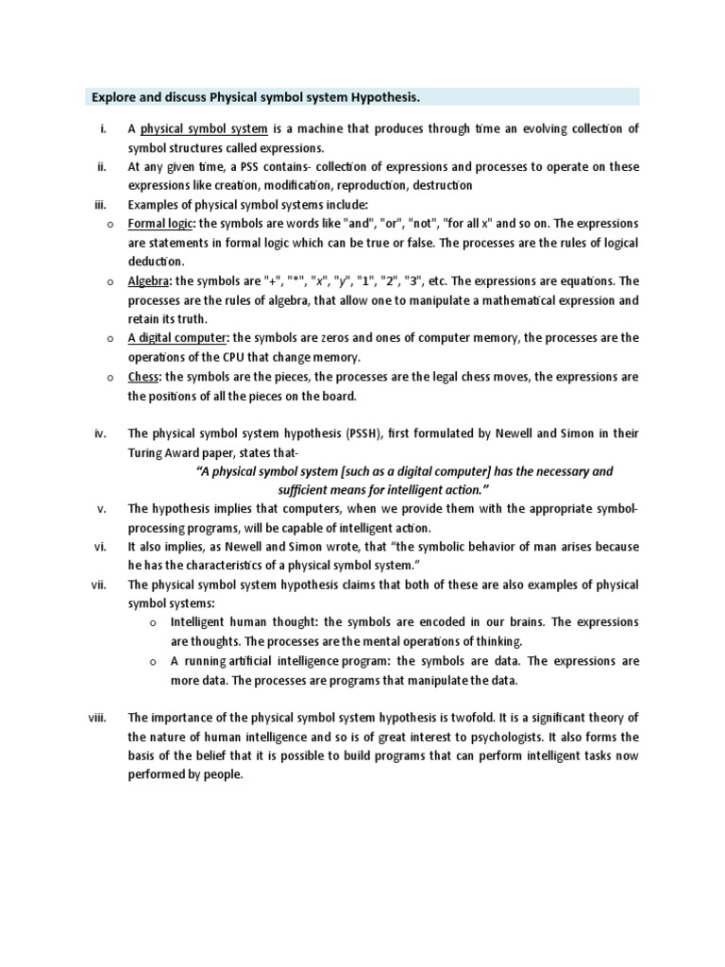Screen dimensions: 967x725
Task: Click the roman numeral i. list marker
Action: pyautogui.click(x=103, y=129)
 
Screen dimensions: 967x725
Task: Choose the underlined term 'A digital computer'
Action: pyautogui.click(x=177, y=338)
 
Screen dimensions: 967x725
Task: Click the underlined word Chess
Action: pyautogui.click(x=144, y=377)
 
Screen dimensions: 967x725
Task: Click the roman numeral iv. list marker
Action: pyautogui.click(x=102, y=433)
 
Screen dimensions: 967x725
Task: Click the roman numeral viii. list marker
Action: pyautogui.click(x=98, y=718)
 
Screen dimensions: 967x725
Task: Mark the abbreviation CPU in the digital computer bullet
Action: pyautogui.click(x=240, y=357)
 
